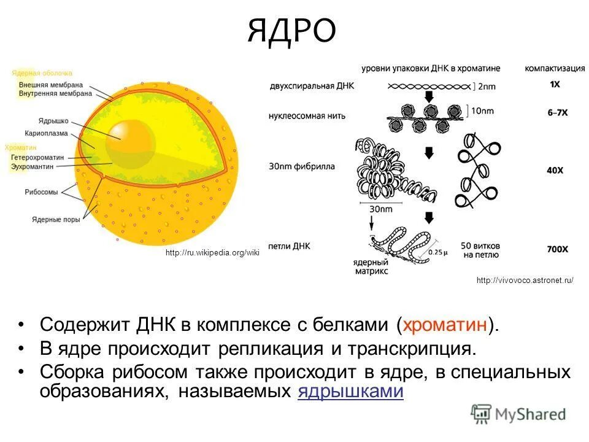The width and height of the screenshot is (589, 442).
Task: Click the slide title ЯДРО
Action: click(292, 31)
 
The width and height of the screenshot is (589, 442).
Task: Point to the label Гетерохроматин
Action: click(37, 158)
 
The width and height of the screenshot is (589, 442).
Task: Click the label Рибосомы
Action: click(42, 192)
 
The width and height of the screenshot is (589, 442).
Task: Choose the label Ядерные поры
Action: click(56, 219)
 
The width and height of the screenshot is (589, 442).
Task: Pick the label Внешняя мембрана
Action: click(51, 85)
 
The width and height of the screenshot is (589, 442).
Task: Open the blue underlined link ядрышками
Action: click(350, 392)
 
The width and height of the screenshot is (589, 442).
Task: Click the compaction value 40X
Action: click(555, 169)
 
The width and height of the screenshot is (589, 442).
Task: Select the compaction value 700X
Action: click(556, 250)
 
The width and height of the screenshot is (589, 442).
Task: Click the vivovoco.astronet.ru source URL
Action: click(525, 281)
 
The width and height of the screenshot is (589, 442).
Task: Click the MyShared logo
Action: click(518, 414)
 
